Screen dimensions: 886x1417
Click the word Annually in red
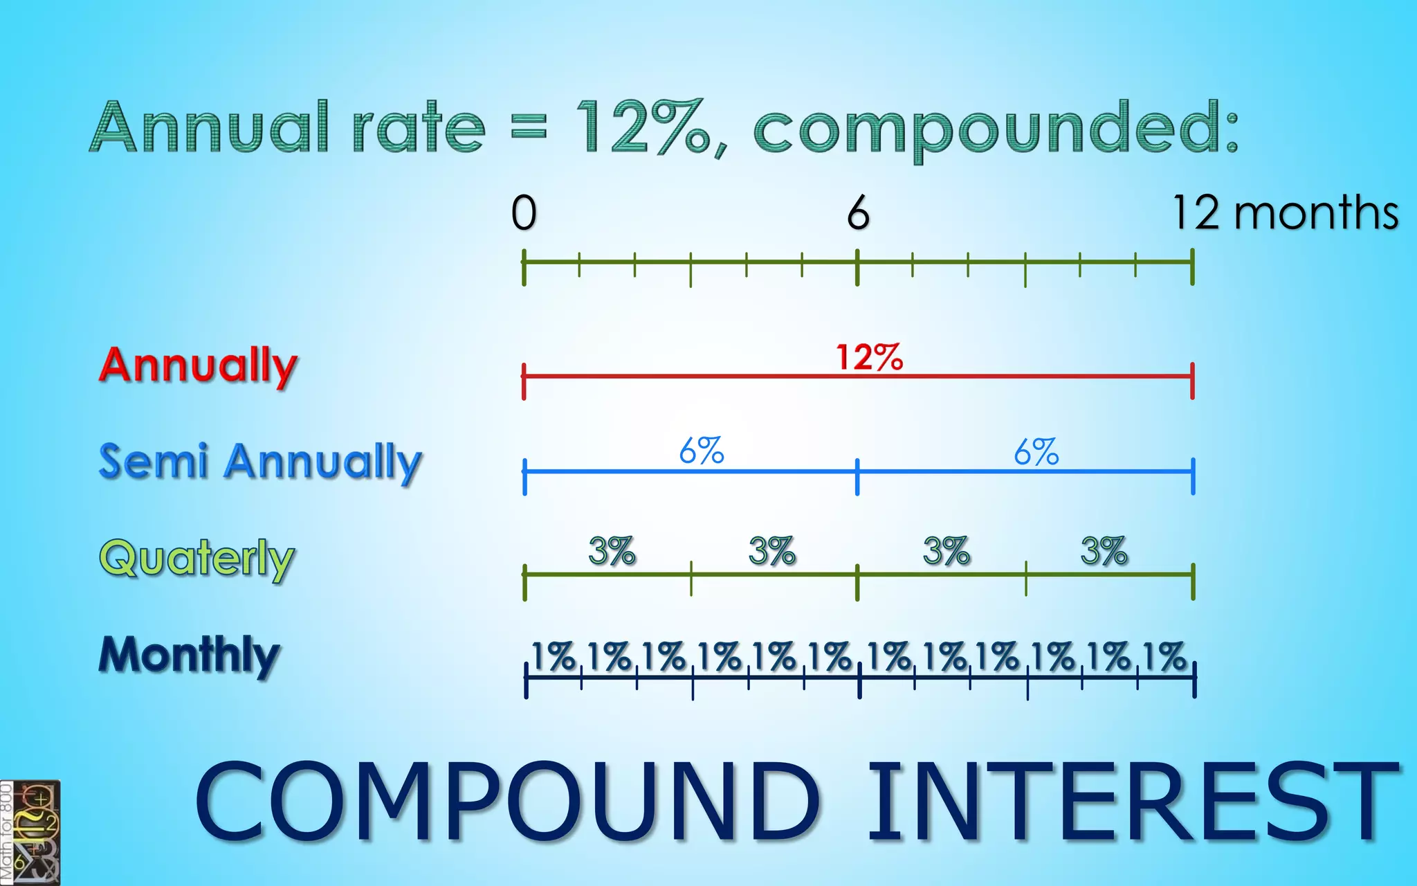(198, 366)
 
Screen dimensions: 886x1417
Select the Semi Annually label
(260, 462)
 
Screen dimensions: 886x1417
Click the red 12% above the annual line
(869, 357)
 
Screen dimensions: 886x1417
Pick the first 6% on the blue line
(701, 451)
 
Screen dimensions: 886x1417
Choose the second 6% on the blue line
(1036, 452)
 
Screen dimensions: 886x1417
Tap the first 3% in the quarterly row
(612, 551)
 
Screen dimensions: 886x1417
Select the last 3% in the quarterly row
(1104, 551)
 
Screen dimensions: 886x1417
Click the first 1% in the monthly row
(553, 656)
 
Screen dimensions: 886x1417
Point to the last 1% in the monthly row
(1164, 656)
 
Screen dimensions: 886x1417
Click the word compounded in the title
(995, 127)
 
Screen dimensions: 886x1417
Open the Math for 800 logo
(30, 833)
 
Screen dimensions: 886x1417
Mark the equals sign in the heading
(529, 127)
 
